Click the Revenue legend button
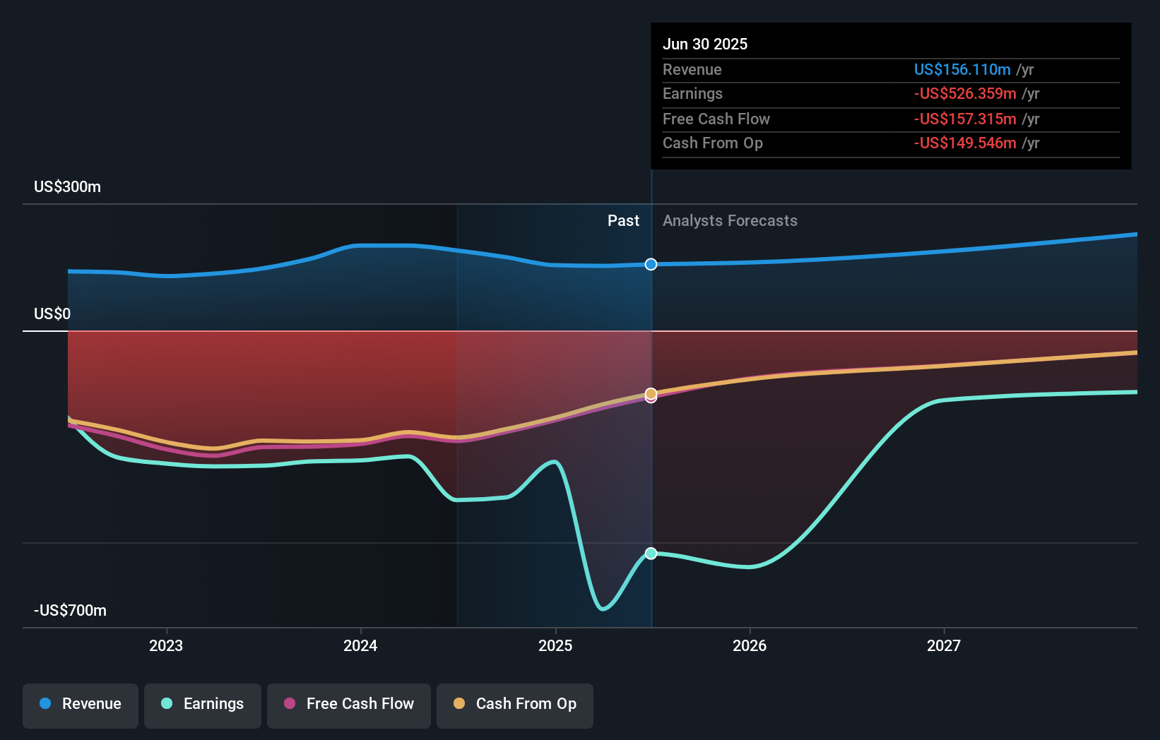pos(81,705)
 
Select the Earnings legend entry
pos(203,705)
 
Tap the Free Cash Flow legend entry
pos(349,705)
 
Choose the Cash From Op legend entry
pos(515,705)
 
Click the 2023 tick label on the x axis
pos(166,646)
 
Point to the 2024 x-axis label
pos(360,646)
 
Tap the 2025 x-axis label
pos(555,646)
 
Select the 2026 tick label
pos(750,646)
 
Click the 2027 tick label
pos(944,646)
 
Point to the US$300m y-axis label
pos(68,187)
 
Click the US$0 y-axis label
pos(52,314)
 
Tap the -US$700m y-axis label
pos(71,611)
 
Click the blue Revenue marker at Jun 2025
pos(651,264)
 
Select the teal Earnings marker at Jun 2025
pos(651,554)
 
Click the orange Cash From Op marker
pos(651,393)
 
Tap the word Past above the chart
pos(623,221)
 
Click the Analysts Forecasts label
pos(730,221)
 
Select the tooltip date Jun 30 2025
pos(705,44)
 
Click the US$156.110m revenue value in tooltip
pos(962,70)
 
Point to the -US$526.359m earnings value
pos(965,94)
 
